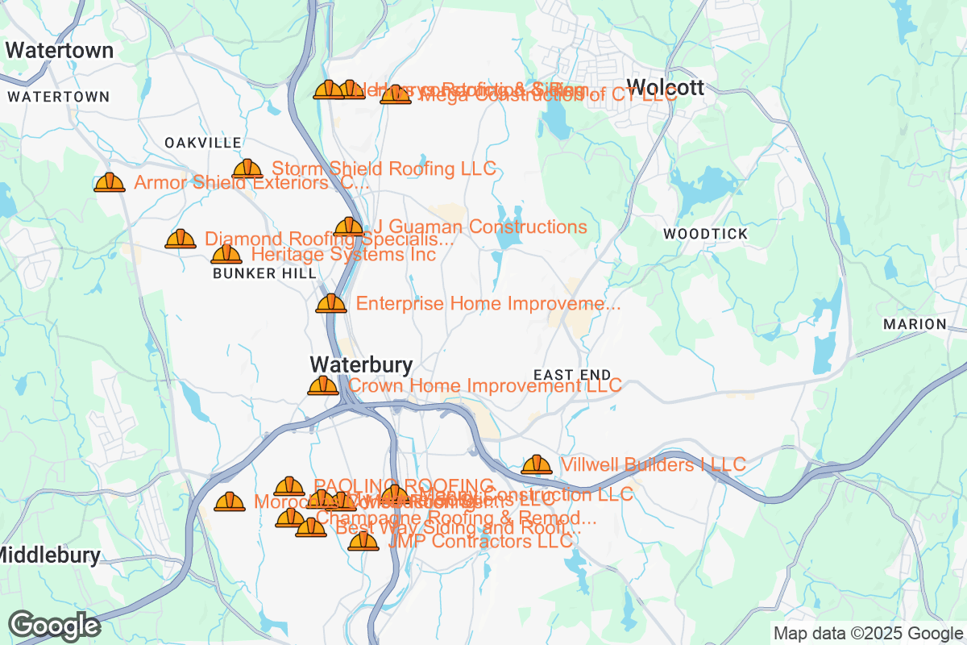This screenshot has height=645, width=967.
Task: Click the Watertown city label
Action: click(59, 50)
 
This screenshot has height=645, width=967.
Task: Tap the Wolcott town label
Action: click(665, 87)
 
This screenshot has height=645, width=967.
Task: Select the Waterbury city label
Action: click(361, 364)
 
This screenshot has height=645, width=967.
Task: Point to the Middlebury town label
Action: click(50, 555)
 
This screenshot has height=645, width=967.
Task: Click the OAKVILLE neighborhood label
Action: click(203, 143)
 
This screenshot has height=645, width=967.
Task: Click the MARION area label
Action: click(915, 324)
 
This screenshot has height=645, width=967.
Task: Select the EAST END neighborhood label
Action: click(572, 375)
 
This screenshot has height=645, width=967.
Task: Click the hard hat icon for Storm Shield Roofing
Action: click(247, 169)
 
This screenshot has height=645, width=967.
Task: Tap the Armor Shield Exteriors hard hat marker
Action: click(110, 182)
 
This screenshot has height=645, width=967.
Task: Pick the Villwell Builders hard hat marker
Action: click(537, 464)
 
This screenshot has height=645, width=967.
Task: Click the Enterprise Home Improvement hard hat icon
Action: click(331, 303)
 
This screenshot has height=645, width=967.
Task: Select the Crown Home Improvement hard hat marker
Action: click(323, 385)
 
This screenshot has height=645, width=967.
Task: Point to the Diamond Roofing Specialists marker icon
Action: click(181, 239)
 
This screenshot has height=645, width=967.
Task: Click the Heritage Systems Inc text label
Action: click(343, 255)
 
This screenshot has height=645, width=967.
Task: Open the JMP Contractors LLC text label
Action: click(480, 541)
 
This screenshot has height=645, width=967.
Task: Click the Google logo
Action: click(54, 625)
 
